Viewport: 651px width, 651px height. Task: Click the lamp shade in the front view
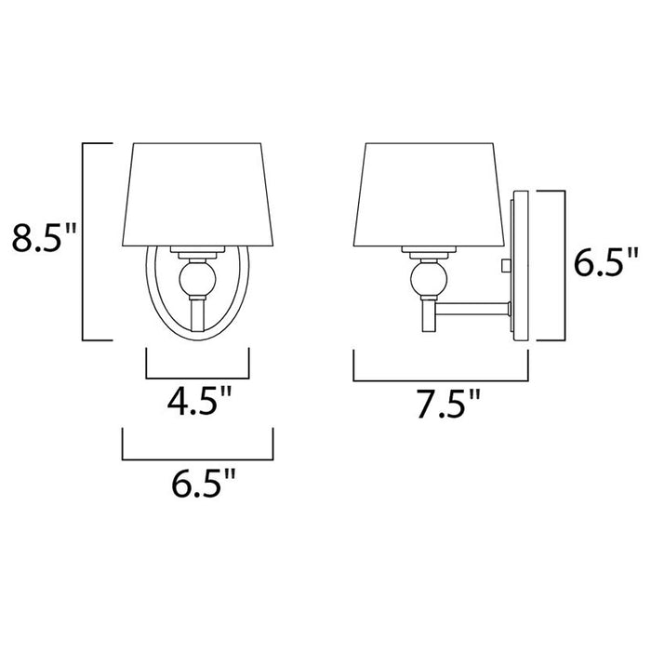click(197, 195)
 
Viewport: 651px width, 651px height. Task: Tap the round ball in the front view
click(197, 277)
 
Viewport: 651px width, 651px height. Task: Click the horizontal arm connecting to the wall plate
click(474, 308)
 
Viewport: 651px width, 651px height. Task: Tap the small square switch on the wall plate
click(505, 266)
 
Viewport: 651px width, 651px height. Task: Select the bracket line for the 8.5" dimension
click(85, 242)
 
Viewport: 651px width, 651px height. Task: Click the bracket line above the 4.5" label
click(197, 379)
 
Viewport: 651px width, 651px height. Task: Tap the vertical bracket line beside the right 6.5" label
click(565, 265)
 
